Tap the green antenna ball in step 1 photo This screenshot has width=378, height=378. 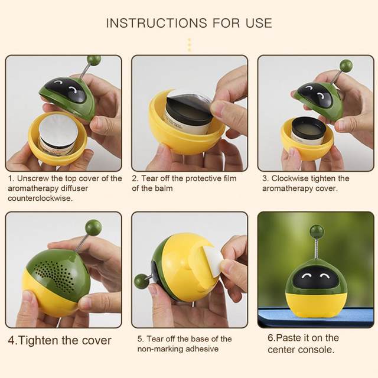[x=94, y=60]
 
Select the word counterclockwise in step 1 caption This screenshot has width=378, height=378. [x=40, y=198]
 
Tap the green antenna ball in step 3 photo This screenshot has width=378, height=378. [x=346, y=66]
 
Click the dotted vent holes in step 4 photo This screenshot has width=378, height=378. [x=54, y=274]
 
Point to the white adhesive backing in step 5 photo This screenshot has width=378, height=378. [x=213, y=261]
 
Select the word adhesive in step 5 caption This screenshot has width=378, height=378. [x=202, y=349]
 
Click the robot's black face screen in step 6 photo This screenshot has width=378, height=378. [x=316, y=278]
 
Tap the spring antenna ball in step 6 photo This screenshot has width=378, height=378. [x=317, y=231]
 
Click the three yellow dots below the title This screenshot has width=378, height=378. [x=189, y=45]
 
